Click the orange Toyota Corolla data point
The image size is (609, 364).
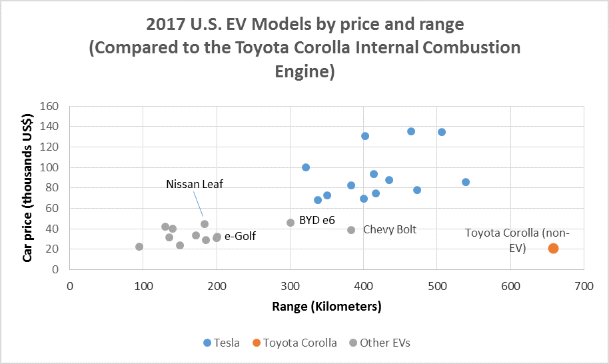[x=553, y=249]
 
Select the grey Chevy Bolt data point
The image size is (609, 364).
[x=351, y=230]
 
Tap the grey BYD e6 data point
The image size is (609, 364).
[x=291, y=223]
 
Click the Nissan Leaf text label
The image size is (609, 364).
[x=195, y=185]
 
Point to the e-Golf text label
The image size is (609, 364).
[x=240, y=236]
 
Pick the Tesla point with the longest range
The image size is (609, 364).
[x=466, y=182]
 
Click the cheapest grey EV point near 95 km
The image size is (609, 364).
[x=139, y=247]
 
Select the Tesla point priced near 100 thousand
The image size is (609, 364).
[x=306, y=167]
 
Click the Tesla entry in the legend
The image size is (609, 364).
[x=221, y=343]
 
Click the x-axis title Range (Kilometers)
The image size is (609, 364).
[x=326, y=307]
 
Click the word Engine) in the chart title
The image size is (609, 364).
[x=304, y=71]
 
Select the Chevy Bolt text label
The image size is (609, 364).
[x=389, y=230]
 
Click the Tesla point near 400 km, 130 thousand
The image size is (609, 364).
[x=365, y=136]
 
